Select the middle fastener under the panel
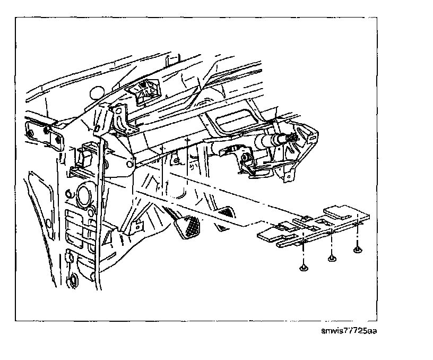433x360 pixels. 332,258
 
